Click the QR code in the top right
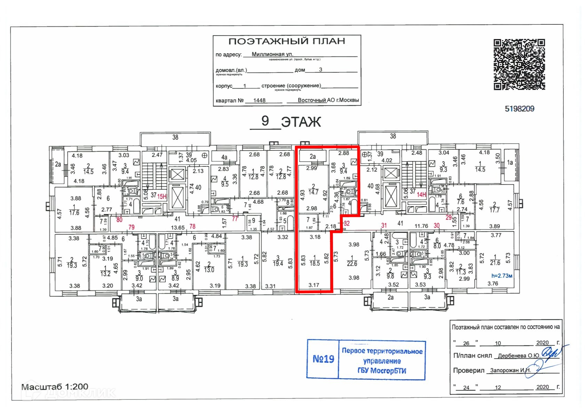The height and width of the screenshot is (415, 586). pos(519,64)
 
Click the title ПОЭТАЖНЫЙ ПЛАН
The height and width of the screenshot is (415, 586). pos(287,41)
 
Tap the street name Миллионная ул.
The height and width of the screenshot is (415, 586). pos(272,54)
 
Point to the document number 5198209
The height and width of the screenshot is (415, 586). pos(519,109)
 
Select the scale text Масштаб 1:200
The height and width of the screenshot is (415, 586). pos(55,386)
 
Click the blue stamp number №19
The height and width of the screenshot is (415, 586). pos(323,359)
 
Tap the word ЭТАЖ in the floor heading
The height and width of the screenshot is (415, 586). pos(301,122)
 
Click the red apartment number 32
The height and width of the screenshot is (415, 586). pos(347,224)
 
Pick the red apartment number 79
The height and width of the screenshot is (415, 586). pos(131,227)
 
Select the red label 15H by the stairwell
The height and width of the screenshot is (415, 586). pos(162,196)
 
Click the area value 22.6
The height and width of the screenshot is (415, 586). pos(352,264)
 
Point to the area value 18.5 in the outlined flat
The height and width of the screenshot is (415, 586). pos(315,264)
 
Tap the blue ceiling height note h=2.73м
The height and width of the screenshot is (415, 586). pos(501,276)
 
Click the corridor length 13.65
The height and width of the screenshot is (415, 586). pos(177,228)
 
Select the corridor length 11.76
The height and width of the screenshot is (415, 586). pos(421,226)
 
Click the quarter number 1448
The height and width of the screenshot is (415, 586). pos(259,100)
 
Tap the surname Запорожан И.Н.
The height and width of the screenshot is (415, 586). pos(510,370)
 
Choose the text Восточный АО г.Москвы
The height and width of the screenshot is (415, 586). pos(328,100)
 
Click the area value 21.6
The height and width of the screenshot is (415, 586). pos(495,263)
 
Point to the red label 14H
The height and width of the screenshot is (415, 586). pos(421,195)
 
